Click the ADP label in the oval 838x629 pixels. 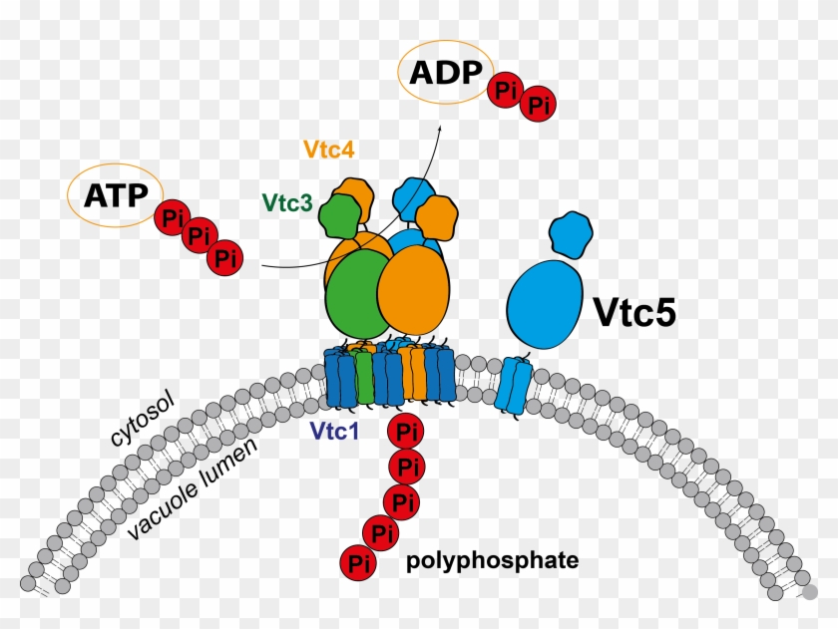[441, 73]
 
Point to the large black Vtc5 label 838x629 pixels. [635, 311]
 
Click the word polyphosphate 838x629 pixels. [492, 561]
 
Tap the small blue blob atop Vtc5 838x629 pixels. [571, 233]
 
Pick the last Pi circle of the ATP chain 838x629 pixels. [225, 259]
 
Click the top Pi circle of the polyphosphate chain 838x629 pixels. [404, 432]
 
